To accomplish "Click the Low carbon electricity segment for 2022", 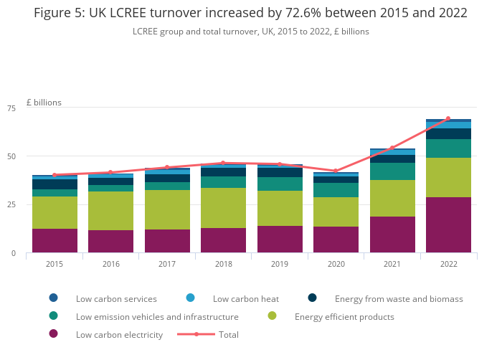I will [x=448, y=224].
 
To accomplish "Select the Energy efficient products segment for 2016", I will [x=110, y=211].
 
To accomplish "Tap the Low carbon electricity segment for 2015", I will [x=55, y=240].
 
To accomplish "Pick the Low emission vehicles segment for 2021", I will [x=392, y=171].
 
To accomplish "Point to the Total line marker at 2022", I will [x=448, y=119].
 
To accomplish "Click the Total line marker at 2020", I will [x=336, y=171].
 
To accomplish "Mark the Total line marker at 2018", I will [x=223, y=163].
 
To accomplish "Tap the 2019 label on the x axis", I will [x=279, y=264].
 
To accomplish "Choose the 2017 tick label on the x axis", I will [x=166, y=264].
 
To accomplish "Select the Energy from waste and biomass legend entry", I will [x=399, y=298].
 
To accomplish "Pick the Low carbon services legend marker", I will [x=53, y=298].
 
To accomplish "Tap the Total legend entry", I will [x=229, y=334].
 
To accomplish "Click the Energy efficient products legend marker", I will [x=272, y=316].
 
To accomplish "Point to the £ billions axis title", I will [x=44, y=103].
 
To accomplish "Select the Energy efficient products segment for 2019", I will [x=280, y=208].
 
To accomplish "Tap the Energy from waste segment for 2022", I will [x=448, y=133].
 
